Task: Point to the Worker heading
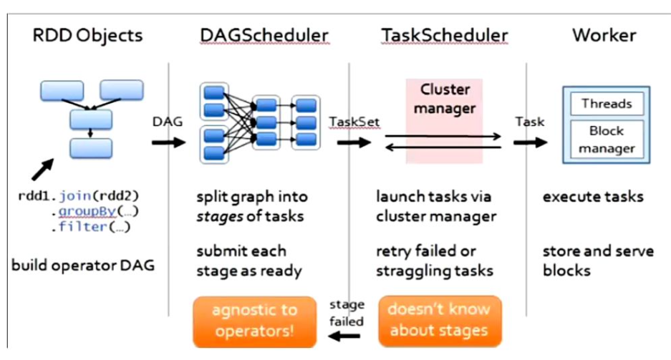point(604,35)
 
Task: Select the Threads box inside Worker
point(607,104)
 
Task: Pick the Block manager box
point(607,140)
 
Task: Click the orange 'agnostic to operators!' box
point(254,321)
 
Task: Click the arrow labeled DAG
point(168,141)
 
